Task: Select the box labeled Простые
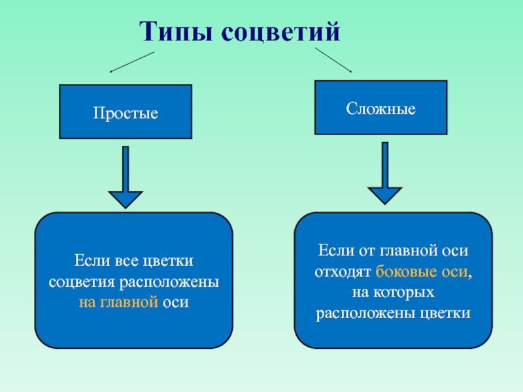(126, 112)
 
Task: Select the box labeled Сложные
(381, 107)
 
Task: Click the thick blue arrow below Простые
(125, 176)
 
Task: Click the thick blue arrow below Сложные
(385, 173)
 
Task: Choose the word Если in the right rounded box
(332, 251)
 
